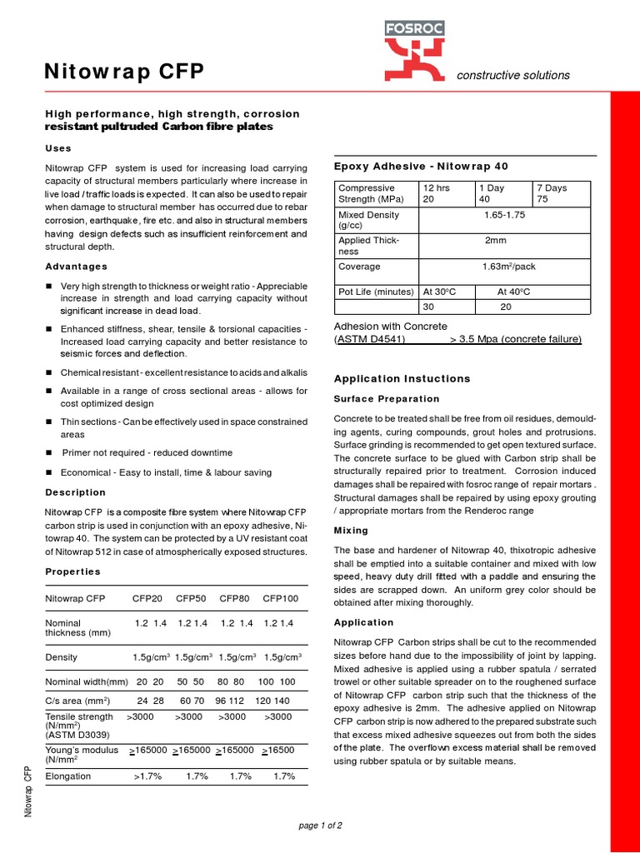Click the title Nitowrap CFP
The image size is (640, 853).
123,72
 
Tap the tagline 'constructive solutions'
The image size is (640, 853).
513,76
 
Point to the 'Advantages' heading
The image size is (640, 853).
76,267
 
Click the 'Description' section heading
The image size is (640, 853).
76,492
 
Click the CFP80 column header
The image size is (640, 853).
234,598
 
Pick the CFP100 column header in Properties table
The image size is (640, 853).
280,598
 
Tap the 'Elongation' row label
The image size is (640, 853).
67,776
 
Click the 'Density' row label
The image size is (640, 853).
62,657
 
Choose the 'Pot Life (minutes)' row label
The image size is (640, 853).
376,292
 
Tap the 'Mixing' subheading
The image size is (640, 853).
351,531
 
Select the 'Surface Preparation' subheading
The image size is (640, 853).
386,399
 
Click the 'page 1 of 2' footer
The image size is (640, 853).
320,826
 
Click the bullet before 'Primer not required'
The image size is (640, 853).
49,452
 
